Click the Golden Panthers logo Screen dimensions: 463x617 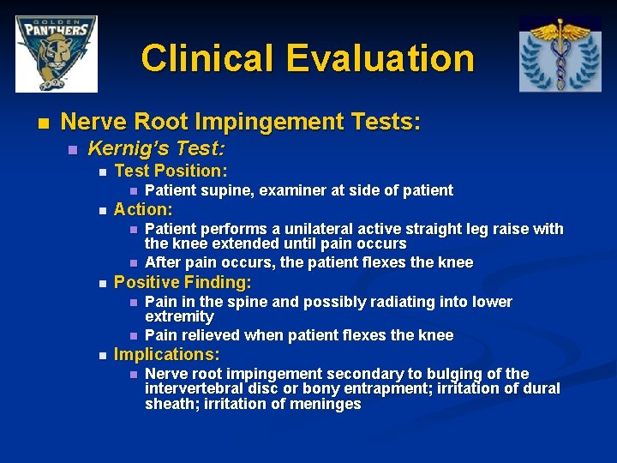(x=57, y=53)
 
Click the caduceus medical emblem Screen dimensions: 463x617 (x=560, y=53)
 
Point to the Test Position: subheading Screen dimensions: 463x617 (x=171, y=171)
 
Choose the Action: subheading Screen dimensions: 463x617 (x=143, y=209)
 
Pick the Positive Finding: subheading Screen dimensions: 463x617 (x=183, y=282)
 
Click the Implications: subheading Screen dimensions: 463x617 (x=167, y=354)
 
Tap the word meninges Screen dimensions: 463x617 (x=326, y=405)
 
